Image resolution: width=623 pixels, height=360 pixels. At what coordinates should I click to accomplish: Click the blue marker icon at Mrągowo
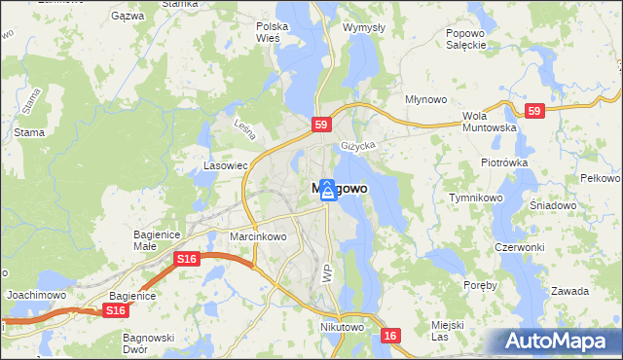329,191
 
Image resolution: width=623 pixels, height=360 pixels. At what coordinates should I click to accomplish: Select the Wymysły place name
364,28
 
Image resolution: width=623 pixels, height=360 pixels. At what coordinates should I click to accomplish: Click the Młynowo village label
425,100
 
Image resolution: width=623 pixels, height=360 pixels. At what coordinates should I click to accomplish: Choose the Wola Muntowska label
488,121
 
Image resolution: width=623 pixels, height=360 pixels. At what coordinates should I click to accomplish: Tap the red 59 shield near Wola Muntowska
532,112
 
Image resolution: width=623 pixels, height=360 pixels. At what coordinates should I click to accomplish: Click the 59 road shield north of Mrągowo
323,125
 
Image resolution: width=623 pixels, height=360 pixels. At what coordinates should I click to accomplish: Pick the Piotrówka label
503,162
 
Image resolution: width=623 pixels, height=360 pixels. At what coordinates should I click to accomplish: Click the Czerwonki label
518,247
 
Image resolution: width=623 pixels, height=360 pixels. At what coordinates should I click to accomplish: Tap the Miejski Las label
447,330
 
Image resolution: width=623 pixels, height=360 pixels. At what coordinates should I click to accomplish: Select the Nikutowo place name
342,328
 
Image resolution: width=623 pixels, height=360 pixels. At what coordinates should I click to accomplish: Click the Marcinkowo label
258,236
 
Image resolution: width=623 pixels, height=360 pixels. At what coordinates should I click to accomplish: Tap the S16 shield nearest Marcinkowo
187,259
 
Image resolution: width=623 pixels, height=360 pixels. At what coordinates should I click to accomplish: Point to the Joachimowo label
35,293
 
